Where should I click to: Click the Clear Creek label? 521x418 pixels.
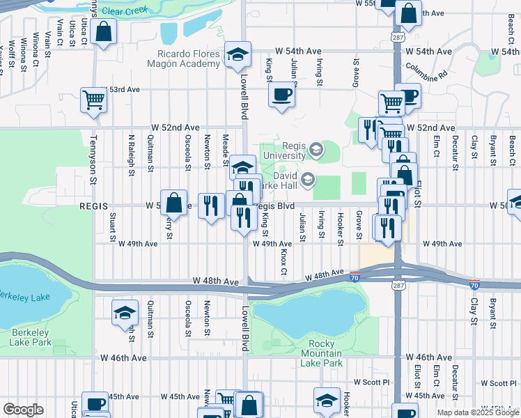point(125,11)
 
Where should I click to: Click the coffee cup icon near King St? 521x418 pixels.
point(281,93)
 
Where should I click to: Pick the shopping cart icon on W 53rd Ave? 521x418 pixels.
point(93,100)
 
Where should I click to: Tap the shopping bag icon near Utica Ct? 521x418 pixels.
point(104,32)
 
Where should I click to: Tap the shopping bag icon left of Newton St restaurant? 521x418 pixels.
point(174,203)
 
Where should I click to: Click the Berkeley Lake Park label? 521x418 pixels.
point(31,337)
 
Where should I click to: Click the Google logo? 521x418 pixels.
point(23,410)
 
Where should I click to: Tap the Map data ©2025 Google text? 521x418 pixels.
point(477,412)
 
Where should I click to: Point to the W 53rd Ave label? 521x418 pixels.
point(121,90)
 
